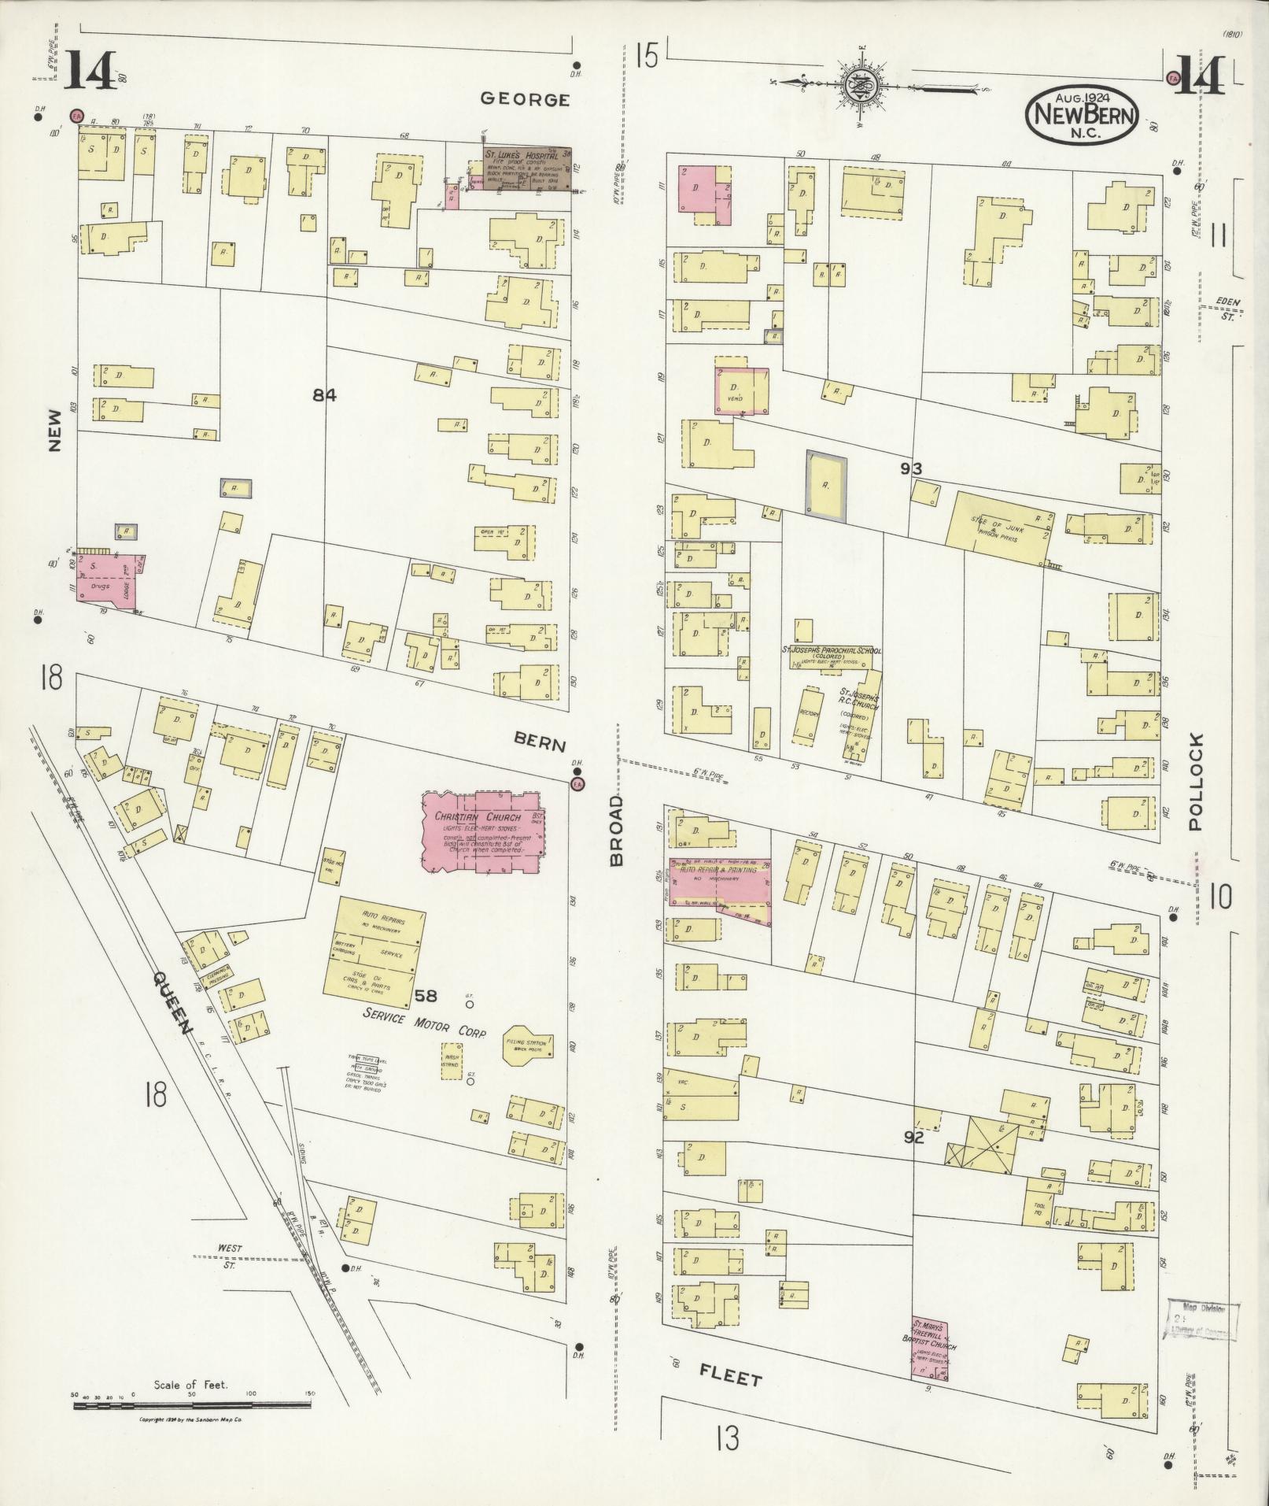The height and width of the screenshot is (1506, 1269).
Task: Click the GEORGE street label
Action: click(x=525, y=99)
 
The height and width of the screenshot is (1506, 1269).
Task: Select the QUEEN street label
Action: click(x=172, y=1003)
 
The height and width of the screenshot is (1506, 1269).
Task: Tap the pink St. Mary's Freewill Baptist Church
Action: click(x=930, y=1345)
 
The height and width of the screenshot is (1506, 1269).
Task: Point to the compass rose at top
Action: click(x=861, y=84)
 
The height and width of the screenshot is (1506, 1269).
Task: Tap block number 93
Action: click(x=912, y=469)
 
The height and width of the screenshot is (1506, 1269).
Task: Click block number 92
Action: click(x=913, y=1138)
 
